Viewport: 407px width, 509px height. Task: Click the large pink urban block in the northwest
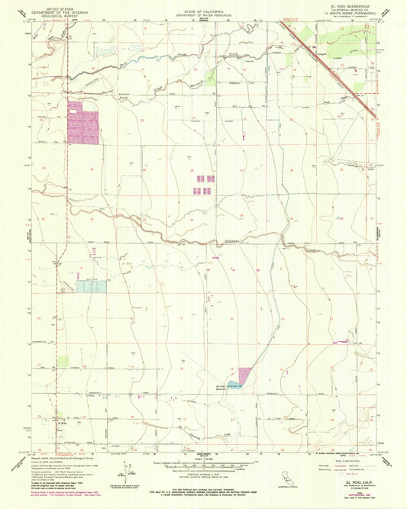[83, 124]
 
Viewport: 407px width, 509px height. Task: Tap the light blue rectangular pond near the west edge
[91, 286]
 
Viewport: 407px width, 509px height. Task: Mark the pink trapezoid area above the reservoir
[244, 375]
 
